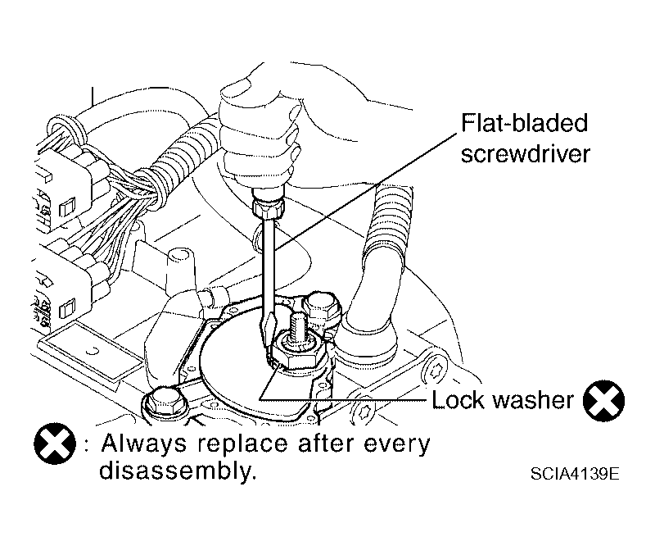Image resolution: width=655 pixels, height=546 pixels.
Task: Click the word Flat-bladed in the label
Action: tap(524, 123)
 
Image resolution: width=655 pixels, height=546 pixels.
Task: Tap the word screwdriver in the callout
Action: tap(525, 153)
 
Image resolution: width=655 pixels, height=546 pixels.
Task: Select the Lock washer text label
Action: tap(503, 399)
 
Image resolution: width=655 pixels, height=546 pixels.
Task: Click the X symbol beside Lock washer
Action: tap(603, 400)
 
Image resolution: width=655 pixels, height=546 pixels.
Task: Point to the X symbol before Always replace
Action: tap(55, 444)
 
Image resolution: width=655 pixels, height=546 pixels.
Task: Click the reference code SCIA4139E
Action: tap(575, 474)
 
